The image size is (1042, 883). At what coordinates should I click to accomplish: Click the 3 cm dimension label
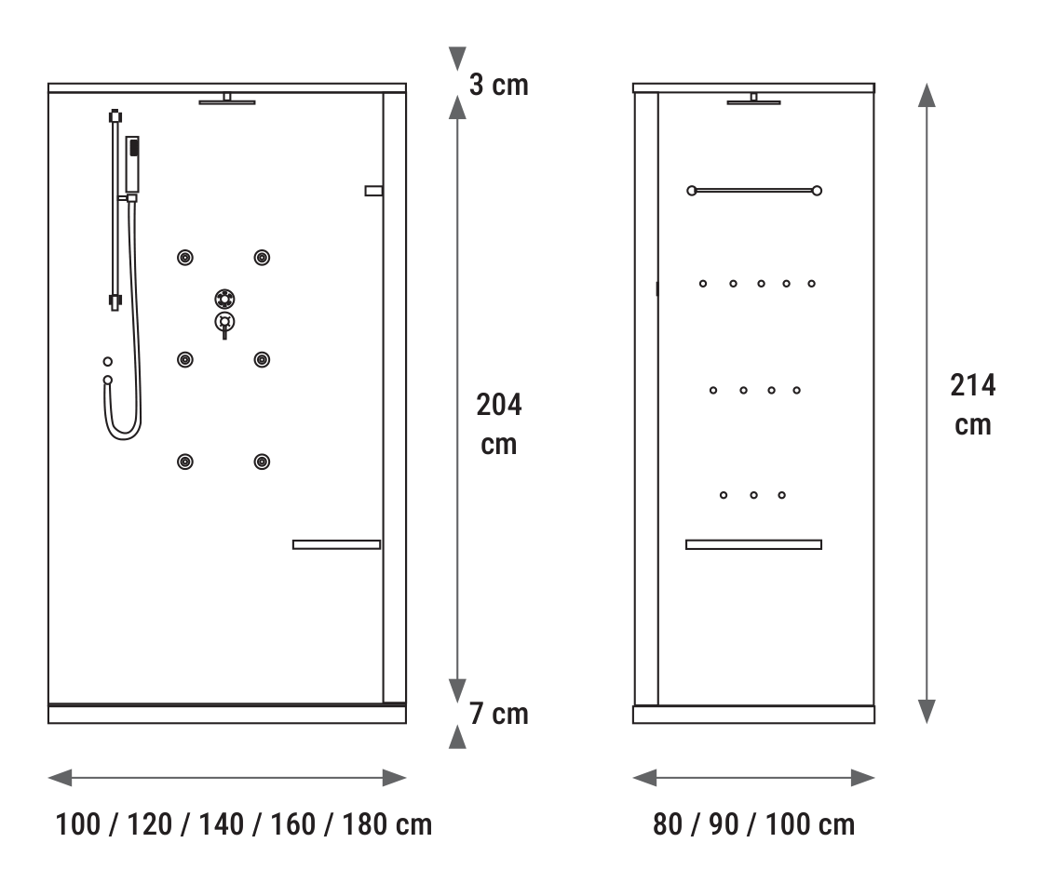coord(498,85)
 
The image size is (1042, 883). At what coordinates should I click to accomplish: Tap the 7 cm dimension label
coord(498,714)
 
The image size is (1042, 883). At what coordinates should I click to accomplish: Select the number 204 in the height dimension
coord(499,405)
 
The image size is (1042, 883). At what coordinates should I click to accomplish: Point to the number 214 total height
coord(973,384)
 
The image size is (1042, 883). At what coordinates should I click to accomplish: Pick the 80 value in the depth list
coord(668,824)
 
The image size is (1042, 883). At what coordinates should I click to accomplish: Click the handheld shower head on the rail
coord(132,165)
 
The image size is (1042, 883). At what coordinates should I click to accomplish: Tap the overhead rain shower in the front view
coord(226,100)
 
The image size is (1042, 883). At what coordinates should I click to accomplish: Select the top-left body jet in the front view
coord(185,258)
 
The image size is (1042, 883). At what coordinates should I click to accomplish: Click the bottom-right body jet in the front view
coord(262,462)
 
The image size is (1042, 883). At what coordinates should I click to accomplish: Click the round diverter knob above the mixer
coord(224,299)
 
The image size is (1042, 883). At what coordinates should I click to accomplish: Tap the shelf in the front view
coord(337,544)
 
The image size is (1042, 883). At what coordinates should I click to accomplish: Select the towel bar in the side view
coord(754,191)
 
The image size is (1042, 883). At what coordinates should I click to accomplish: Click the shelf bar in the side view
coord(753,544)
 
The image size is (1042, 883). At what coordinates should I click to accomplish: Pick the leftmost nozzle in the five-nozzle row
coord(703,284)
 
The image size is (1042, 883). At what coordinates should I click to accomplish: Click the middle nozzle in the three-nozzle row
coord(753,495)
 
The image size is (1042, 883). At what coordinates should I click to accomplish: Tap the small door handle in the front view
coord(373,191)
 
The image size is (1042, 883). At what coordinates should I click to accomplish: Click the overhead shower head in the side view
coord(753,100)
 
